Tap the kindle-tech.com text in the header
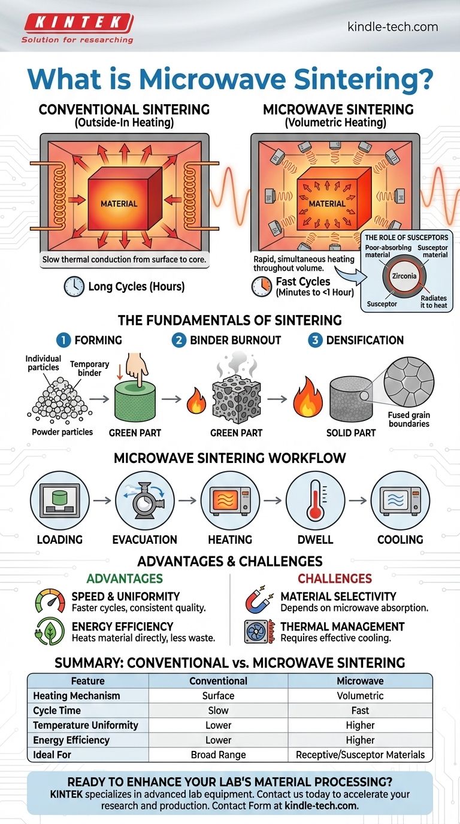click(x=392, y=27)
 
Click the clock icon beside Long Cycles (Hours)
click(x=74, y=287)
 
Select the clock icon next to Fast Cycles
click(x=262, y=286)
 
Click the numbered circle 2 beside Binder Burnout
click(x=179, y=340)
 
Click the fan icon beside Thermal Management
click(x=259, y=632)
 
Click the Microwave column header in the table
click(x=360, y=681)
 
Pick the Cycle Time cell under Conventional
click(x=218, y=710)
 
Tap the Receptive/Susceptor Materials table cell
click(x=360, y=755)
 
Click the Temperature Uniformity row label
click(x=86, y=725)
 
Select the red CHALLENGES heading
click(x=335, y=578)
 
